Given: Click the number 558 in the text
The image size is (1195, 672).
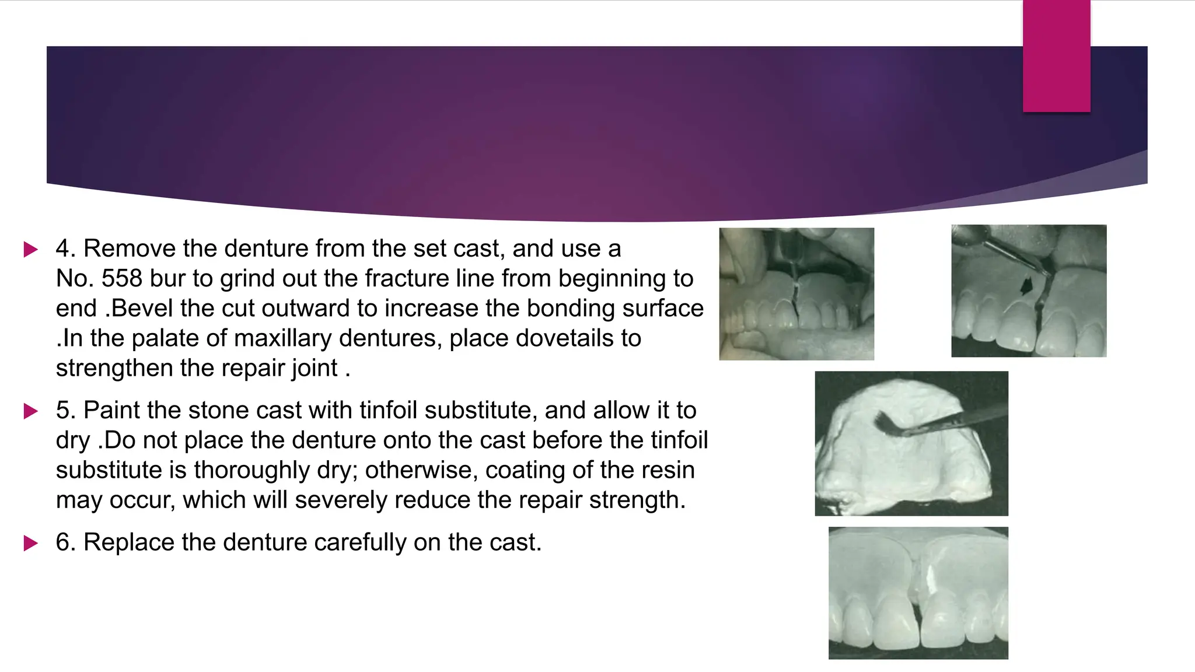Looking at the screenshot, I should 121,279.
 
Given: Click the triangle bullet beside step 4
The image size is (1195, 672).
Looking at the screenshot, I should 30,250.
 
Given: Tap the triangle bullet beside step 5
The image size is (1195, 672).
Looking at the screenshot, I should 30,411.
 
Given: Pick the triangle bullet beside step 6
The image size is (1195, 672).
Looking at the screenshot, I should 30,544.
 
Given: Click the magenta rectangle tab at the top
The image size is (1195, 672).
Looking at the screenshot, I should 1056,56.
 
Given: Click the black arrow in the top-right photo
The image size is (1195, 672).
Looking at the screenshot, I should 1025,285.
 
